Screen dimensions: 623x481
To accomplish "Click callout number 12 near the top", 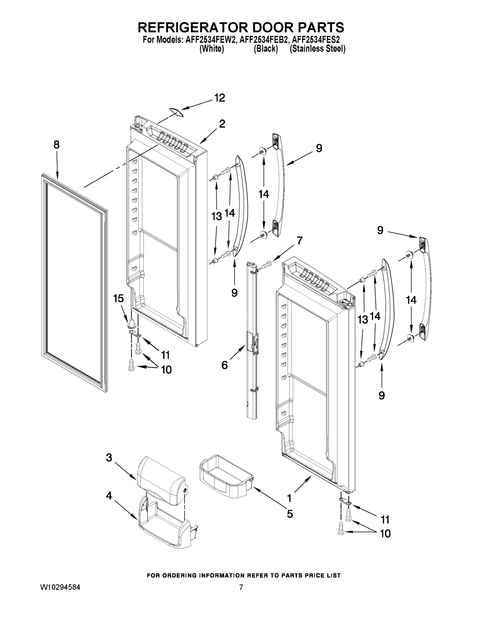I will pyautogui.click(x=219, y=98).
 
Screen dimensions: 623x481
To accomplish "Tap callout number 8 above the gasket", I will pyautogui.click(x=57, y=145).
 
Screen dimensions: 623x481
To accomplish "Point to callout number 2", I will pyautogui.click(x=222, y=124).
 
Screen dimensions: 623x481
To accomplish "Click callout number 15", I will pyautogui.click(x=118, y=299).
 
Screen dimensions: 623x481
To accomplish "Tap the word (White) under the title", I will pyautogui.click(x=211, y=49).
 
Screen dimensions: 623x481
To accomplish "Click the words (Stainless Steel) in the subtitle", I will pyautogui.click(x=317, y=49).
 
